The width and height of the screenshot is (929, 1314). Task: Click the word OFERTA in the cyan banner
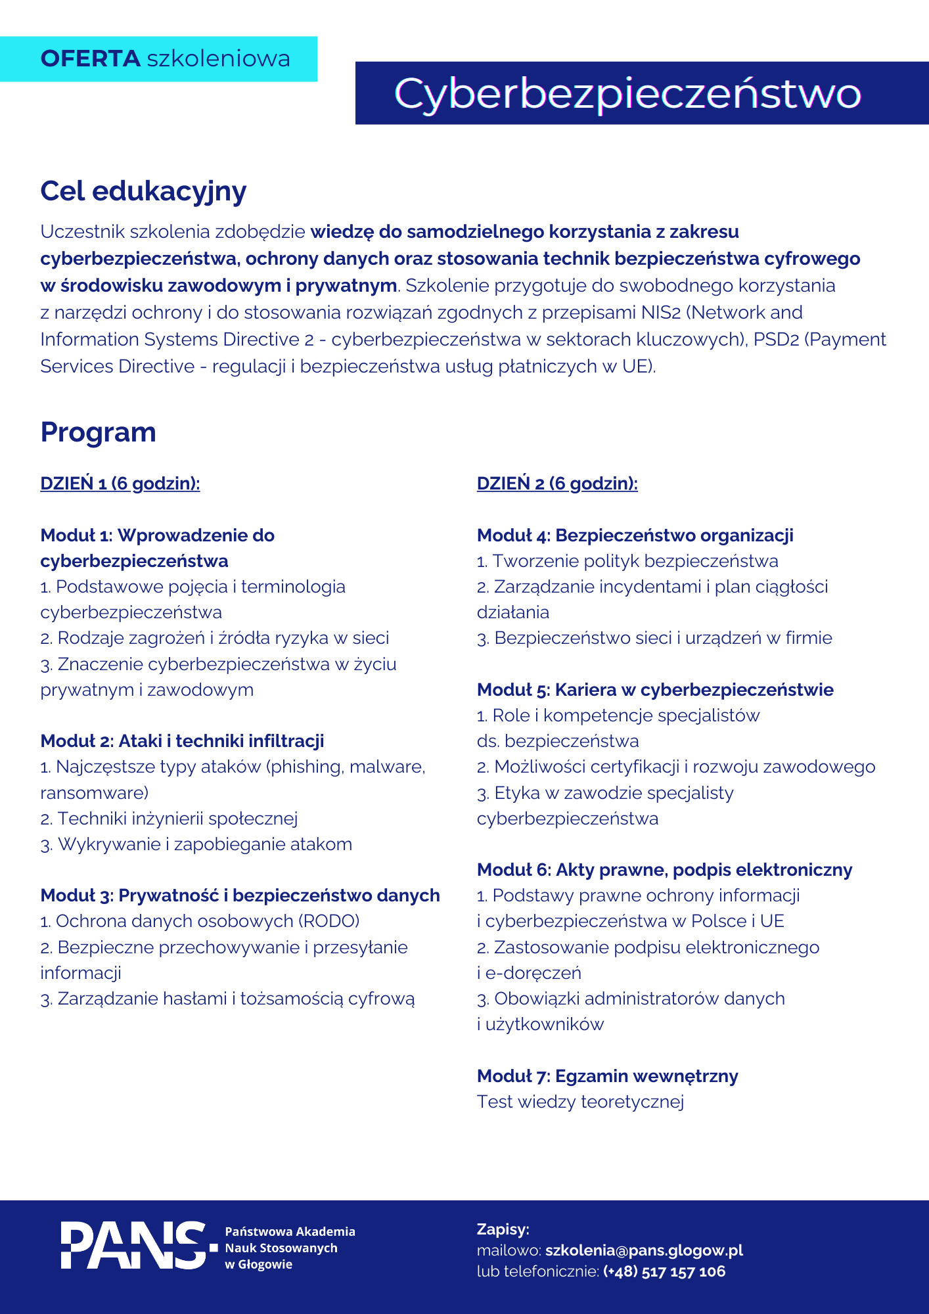pos(91,58)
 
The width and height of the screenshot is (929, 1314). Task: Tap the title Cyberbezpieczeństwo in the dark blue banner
pos(627,93)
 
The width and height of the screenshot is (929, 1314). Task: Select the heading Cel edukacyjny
pos(143,191)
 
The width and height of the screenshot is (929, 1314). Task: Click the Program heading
pos(99,432)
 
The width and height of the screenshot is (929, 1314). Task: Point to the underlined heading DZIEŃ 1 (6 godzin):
pos(120,484)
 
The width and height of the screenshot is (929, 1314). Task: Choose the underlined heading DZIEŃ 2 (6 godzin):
pos(557,484)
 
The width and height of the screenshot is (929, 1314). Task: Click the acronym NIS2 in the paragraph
pos(660,313)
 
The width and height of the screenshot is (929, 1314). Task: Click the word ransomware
pos(92,793)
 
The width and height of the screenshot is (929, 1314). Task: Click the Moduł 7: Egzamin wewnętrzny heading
pos(607,1076)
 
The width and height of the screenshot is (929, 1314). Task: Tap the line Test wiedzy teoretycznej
pos(580,1102)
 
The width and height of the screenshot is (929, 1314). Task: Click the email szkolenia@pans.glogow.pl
pos(644,1250)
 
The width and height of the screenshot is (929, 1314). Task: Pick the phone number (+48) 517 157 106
pos(664,1271)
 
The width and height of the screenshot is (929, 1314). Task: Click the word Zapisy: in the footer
pos(503,1229)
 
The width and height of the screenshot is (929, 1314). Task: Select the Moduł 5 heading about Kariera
pos(655,690)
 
